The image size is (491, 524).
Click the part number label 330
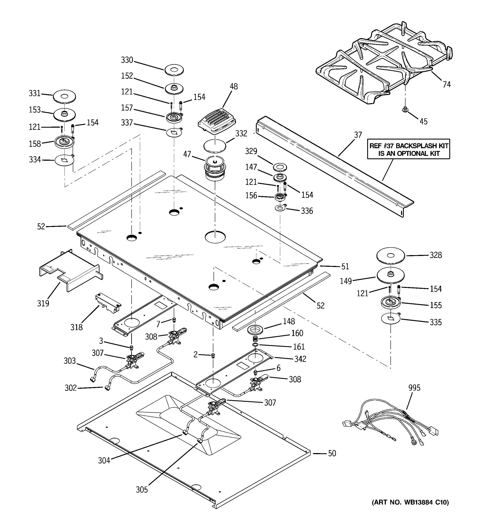coord(127,60)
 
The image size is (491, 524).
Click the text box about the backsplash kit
coord(408,149)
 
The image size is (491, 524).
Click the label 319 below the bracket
coord(43,303)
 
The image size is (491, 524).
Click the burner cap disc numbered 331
coord(64,97)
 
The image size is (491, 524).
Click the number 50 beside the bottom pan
coord(332,453)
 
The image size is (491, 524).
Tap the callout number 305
coord(142,489)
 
